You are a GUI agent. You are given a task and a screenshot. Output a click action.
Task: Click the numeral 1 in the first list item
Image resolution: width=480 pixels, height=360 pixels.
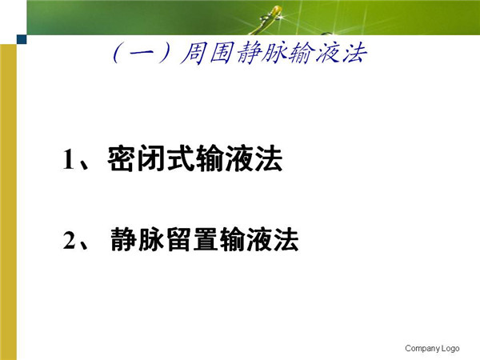tap(69, 158)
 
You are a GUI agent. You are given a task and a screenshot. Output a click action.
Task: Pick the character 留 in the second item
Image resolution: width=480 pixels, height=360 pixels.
tap(181, 239)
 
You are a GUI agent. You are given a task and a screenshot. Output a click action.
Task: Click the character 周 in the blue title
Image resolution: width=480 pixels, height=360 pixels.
tap(193, 54)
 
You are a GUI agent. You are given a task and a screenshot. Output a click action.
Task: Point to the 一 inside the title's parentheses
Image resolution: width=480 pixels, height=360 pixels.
tap(142, 54)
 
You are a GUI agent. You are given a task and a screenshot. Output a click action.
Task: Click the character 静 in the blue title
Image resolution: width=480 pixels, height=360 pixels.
tap(249, 54)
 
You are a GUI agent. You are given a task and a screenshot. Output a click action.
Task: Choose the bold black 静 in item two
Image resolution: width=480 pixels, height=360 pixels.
tap(124, 239)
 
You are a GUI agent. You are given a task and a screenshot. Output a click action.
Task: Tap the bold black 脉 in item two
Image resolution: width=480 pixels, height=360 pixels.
tap(151, 239)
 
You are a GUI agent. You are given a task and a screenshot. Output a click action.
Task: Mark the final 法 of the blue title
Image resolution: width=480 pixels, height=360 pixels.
tap(354, 54)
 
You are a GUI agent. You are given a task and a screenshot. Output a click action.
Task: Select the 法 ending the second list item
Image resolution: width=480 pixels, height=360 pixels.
tap(286, 239)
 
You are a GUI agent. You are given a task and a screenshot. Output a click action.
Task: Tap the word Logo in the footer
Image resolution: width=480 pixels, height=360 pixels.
tap(450, 348)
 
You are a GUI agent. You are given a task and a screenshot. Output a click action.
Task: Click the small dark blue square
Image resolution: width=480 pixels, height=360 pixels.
tap(22, 39)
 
